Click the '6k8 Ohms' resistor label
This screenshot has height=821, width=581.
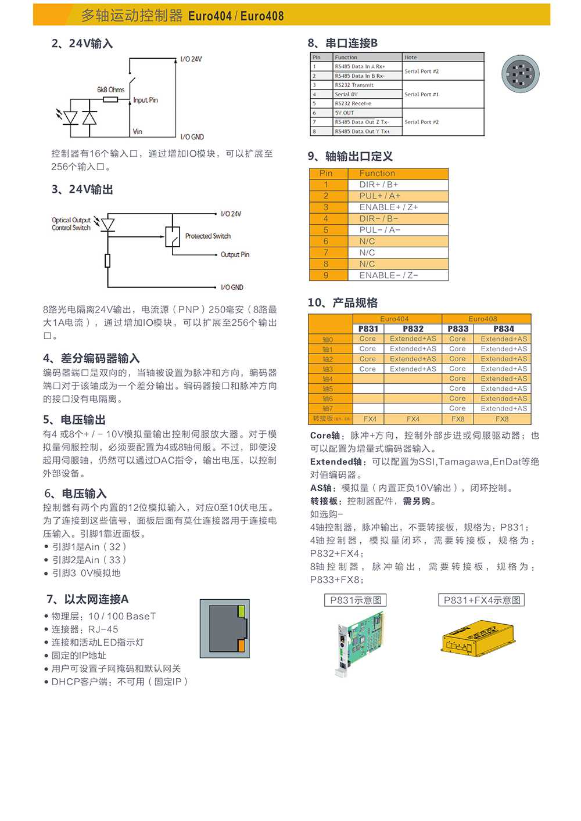coord(110,89)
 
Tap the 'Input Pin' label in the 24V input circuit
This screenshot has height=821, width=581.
coord(145,100)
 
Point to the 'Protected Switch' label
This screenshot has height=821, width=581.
coord(207,236)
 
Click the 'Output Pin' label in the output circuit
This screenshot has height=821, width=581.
coord(235,254)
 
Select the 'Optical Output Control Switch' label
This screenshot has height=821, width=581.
coord(71,224)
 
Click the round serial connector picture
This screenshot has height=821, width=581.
coord(521,74)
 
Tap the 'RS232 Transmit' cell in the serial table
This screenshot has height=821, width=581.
coord(354,85)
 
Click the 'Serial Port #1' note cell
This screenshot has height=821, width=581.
coord(422,94)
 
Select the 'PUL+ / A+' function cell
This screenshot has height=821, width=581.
coord(379,196)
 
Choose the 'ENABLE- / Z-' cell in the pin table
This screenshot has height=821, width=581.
coord(388,275)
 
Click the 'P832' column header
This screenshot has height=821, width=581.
coord(413,329)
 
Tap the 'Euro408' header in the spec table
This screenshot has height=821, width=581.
coord(482,319)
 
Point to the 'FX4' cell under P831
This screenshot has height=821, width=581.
coord(370,419)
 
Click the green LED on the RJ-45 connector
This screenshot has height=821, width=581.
coord(241,611)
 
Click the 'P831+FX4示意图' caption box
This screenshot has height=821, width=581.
coord(482,600)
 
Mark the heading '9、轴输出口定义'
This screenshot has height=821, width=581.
coord(350,156)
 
